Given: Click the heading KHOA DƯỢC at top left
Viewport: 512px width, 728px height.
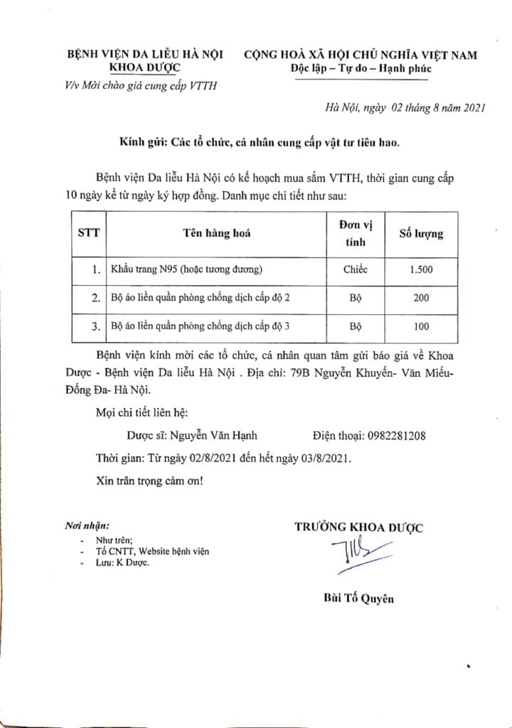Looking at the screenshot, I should pos(144,69).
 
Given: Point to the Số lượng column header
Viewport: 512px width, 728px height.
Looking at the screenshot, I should pos(420,232).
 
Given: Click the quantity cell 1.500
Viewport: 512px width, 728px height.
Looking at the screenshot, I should pos(420,269).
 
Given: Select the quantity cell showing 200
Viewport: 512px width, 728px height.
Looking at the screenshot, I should pos(420,298).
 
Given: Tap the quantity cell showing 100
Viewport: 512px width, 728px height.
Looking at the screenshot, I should pos(420,326).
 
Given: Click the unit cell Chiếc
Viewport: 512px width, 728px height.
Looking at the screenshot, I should pos(356,269).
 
